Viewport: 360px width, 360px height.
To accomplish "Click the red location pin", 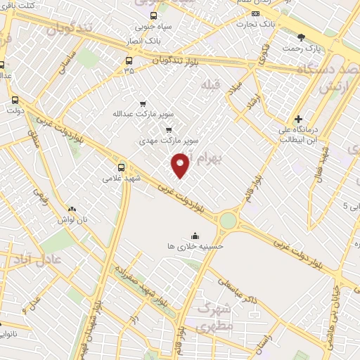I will point(181,165).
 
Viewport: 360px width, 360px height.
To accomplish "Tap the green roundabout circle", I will point(229,220).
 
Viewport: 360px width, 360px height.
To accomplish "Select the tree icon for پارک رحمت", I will point(302,37).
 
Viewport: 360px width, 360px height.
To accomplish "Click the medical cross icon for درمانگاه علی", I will point(298,119).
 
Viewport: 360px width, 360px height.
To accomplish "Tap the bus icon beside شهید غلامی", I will point(122,167).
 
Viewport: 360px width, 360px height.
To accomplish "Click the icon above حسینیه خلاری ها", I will point(195,236).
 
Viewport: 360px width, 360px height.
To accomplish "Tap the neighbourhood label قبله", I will point(210,84).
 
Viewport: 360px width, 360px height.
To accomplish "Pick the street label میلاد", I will point(236,89).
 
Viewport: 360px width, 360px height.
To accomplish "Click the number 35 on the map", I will point(129,70).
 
